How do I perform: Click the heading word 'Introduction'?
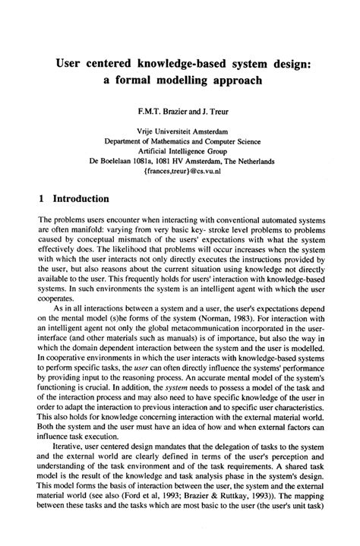81,198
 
